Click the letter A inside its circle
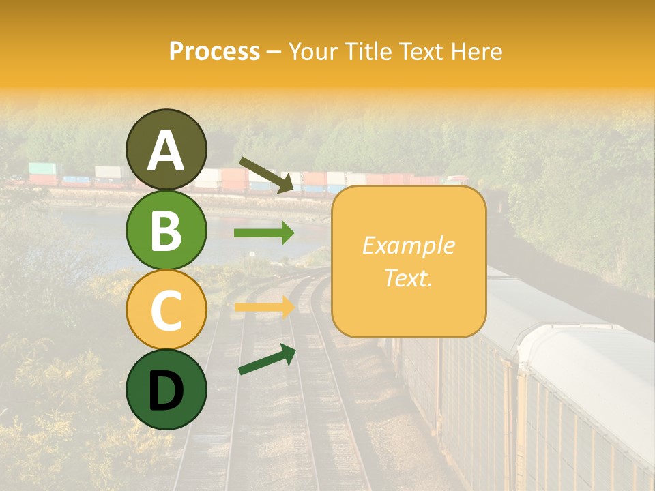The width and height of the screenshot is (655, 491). (x=166, y=151)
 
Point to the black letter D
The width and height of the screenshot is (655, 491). (x=166, y=391)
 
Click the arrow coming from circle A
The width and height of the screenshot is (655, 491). (x=266, y=175)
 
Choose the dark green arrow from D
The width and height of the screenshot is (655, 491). (x=267, y=359)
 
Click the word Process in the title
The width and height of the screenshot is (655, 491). (x=214, y=52)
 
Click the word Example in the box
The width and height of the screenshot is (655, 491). (x=408, y=245)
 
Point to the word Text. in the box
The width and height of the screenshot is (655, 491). (x=408, y=278)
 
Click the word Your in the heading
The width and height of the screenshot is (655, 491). (x=313, y=52)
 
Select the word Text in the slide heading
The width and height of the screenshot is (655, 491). (x=424, y=52)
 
